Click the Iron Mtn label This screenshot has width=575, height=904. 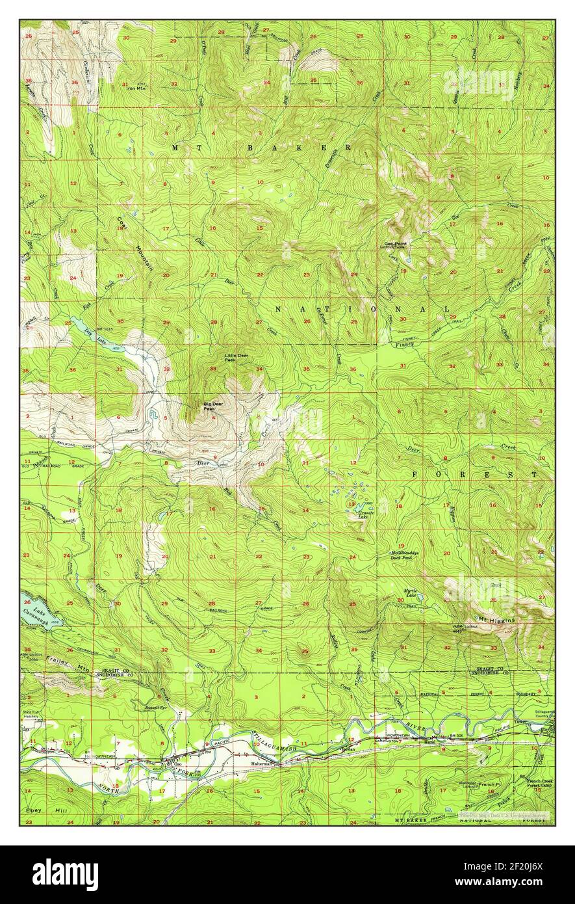[137, 88]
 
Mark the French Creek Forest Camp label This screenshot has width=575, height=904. [537, 782]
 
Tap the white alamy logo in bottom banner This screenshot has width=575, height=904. [65, 874]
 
